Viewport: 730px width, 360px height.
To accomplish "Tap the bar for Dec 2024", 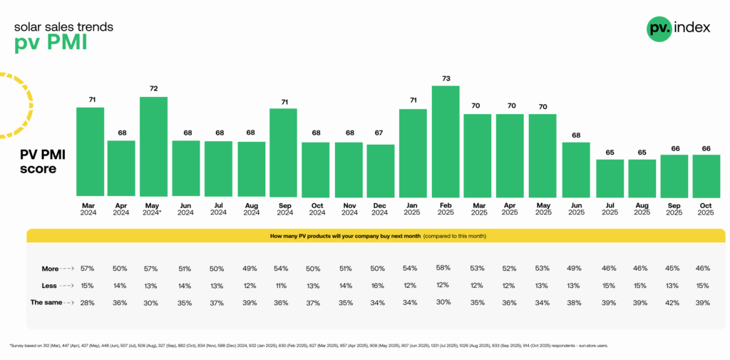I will [x=381, y=170].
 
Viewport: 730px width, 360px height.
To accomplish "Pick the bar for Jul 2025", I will [x=610, y=178].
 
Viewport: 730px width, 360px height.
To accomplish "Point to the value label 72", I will [x=154, y=88].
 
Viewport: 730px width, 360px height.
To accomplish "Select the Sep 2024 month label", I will [x=284, y=209].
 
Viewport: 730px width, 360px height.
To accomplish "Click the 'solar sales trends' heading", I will [x=63, y=27].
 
